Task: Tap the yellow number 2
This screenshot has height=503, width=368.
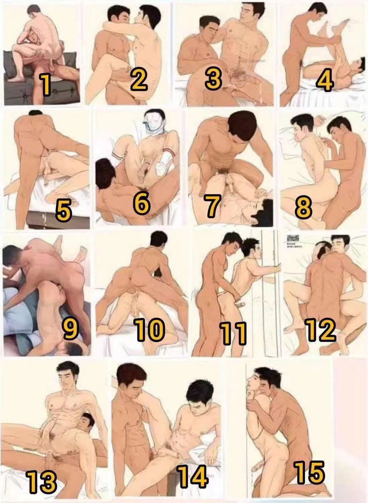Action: coord(138,80)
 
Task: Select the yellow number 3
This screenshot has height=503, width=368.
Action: coord(213,78)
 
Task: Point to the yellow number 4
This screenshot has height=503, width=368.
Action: coord(324,80)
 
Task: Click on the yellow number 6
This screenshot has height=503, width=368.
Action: coord(142,203)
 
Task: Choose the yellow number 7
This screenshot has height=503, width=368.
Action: coord(212,205)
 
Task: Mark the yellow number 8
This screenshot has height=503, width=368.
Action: coord(303,207)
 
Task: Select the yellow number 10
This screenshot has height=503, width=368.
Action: coord(150,329)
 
